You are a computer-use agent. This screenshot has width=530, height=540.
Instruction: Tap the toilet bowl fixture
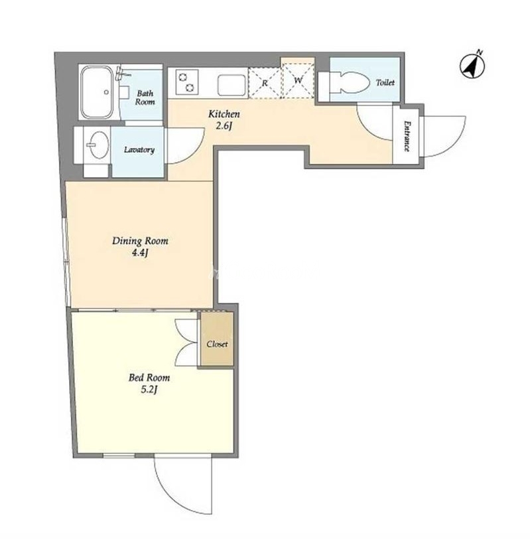[348, 83]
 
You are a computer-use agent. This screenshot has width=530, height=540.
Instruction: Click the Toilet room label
[385, 83]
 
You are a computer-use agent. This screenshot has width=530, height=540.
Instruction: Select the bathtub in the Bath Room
[97, 92]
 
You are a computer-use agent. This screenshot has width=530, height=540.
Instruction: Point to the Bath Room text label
[145, 98]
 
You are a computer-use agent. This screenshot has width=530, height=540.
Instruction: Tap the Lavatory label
[139, 150]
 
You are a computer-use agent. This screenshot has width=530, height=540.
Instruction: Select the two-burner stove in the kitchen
[187, 82]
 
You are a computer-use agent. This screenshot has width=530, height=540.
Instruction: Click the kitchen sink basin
[232, 85]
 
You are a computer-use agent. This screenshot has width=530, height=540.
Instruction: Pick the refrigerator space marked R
[265, 83]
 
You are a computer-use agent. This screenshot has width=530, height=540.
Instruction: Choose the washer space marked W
[298, 80]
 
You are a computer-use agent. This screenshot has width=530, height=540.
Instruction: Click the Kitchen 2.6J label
[224, 119]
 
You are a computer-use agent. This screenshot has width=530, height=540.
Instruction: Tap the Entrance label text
[407, 136]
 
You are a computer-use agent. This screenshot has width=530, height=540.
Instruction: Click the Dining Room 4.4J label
[140, 247]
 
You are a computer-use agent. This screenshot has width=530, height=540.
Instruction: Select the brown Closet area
[217, 339]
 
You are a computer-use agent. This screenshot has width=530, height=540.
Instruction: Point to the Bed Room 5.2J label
[149, 383]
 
